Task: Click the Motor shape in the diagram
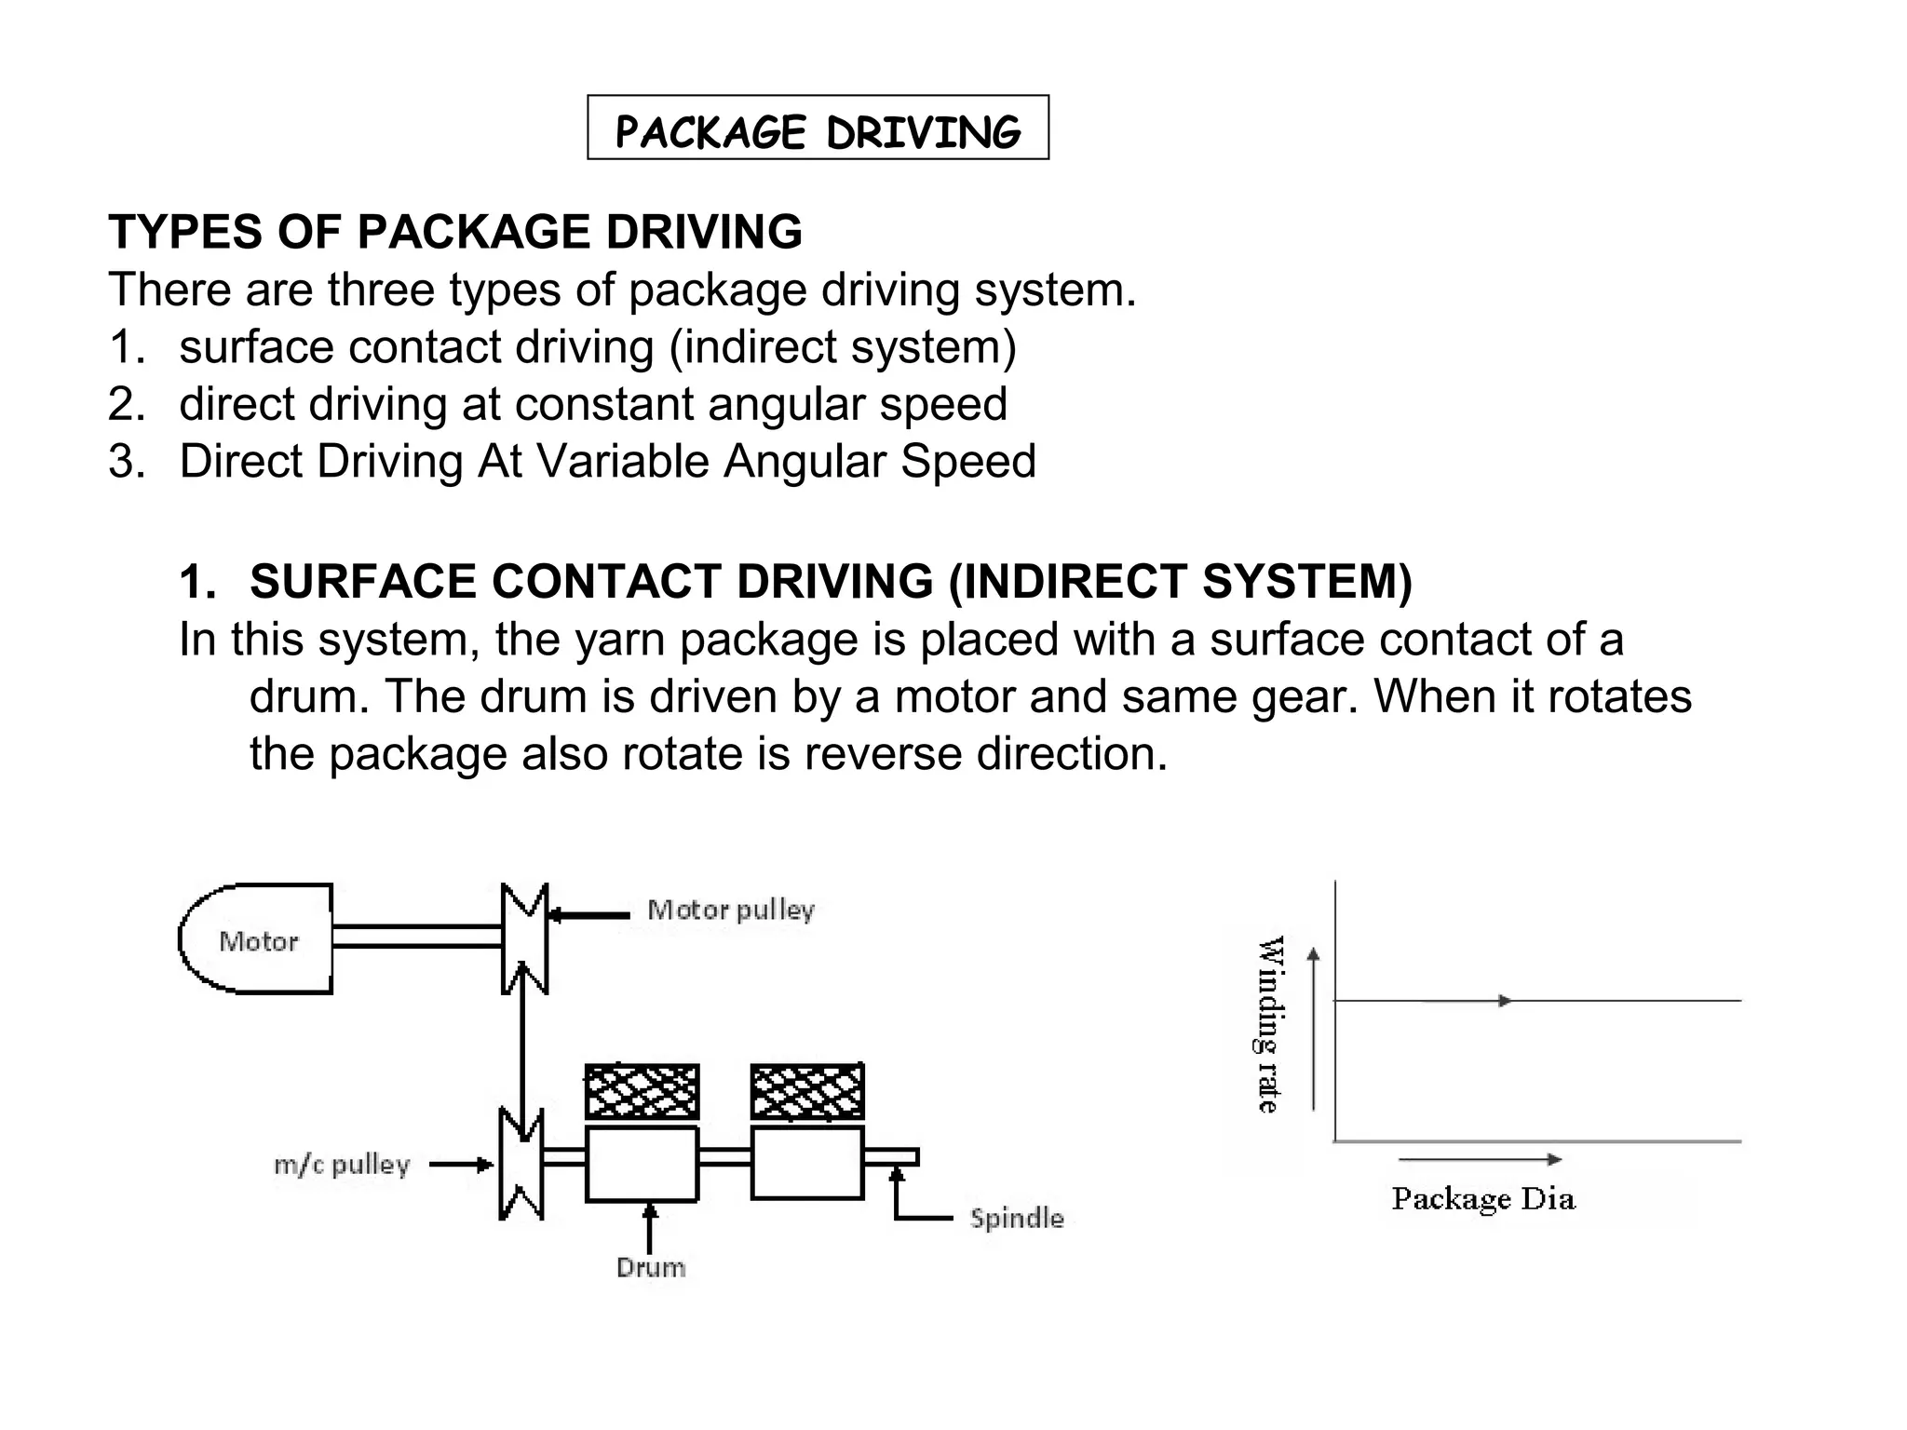click(257, 939)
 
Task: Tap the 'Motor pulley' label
click(731, 910)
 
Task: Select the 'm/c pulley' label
click(342, 1165)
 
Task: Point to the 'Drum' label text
click(651, 1267)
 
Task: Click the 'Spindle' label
click(1016, 1219)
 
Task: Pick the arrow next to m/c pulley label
click(460, 1165)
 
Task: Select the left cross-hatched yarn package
click(642, 1091)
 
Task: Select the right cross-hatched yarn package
click(806, 1091)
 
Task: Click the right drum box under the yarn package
click(806, 1162)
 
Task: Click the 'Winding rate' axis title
click(1270, 1023)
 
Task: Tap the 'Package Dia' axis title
click(1482, 1199)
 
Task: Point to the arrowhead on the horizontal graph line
click(1504, 1001)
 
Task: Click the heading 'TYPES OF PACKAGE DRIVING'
click(454, 231)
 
